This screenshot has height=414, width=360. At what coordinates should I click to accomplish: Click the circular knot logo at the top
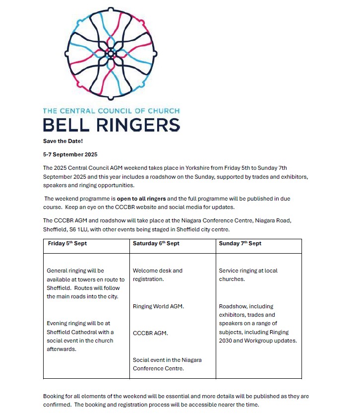111,52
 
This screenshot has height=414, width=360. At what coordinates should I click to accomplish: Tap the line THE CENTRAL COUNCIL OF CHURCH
111,111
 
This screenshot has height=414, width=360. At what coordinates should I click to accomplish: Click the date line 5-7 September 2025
70,154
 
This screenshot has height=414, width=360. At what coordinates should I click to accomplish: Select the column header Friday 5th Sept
67,243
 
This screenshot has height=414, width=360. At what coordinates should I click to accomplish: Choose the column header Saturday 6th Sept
156,243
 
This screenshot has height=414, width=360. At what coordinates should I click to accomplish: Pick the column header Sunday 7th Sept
240,243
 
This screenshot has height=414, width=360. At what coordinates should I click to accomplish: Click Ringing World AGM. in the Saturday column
158,306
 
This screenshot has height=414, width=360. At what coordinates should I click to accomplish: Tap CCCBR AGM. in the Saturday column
150,333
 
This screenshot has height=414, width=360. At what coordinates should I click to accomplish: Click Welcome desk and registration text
157,275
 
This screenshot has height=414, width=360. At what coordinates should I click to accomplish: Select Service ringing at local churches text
248,275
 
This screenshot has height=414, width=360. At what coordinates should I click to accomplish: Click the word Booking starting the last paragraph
54,397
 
